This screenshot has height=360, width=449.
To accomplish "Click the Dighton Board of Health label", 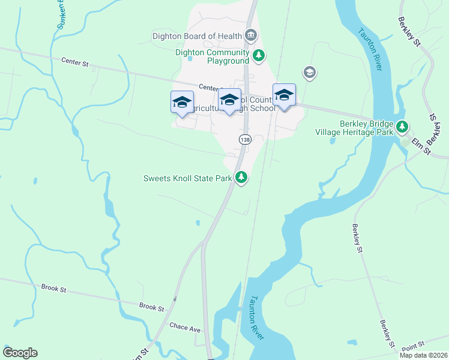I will pyautogui.click(x=196, y=36).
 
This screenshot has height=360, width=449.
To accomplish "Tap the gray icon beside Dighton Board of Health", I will pyautogui.click(x=252, y=36).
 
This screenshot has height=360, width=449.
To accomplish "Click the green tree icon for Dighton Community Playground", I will pyautogui.click(x=259, y=56).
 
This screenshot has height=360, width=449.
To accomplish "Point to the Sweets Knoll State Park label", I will pyautogui.click(x=187, y=178).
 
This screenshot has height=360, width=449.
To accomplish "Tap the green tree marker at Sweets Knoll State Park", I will pyautogui.click(x=241, y=177).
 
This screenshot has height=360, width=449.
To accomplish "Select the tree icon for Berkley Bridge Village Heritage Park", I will pyautogui.click(x=402, y=127).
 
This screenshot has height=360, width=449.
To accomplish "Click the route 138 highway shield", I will pyautogui.click(x=245, y=139).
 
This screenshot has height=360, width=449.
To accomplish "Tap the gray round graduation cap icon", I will pyautogui.click(x=310, y=73).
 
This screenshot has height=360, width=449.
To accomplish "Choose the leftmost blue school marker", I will pyautogui.click(x=182, y=102).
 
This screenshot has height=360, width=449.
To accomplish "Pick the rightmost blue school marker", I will pyautogui.click(x=284, y=95).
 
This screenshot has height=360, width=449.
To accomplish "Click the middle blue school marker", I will pyautogui.click(x=229, y=101).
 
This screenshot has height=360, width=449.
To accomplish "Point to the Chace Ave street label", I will pyautogui.click(x=184, y=328).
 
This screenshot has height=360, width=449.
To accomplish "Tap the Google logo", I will pyautogui.click(x=20, y=353).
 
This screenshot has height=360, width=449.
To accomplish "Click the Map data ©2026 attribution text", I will pyautogui.click(x=424, y=355).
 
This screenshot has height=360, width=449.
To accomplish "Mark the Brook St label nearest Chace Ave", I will pyautogui.click(x=151, y=307).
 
